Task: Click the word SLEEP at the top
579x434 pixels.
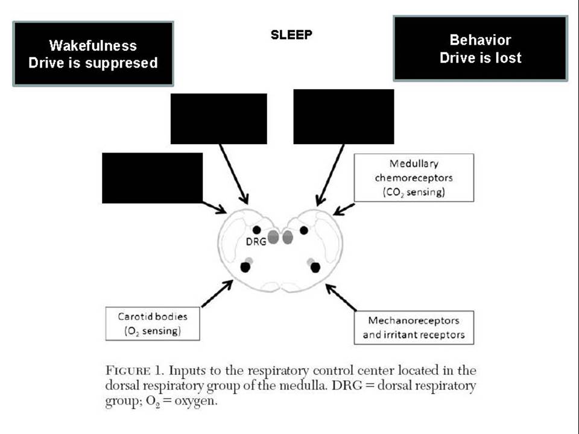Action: tap(291, 35)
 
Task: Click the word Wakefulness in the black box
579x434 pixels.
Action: tap(93, 46)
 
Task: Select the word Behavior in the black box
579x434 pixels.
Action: tap(481, 40)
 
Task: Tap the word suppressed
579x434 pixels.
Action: tap(121, 63)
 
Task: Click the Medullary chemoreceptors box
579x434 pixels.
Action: tap(414, 177)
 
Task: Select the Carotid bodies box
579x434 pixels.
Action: tap(153, 324)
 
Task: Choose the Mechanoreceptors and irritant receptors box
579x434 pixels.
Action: tap(414, 328)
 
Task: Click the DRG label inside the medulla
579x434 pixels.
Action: tap(256, 242)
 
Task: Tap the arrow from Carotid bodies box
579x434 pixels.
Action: tap(217, 294)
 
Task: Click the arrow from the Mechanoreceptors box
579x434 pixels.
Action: tap(341, 297)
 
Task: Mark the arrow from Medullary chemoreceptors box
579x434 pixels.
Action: tap(344, 209)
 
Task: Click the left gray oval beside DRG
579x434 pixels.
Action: tap(273, 237)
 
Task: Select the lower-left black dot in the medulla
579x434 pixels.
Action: tap(245, 267)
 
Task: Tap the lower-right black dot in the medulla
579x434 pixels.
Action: tap(315, 268)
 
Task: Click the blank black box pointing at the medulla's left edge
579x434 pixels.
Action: tap(152, 178)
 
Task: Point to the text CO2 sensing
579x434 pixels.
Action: tap(414, 192)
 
